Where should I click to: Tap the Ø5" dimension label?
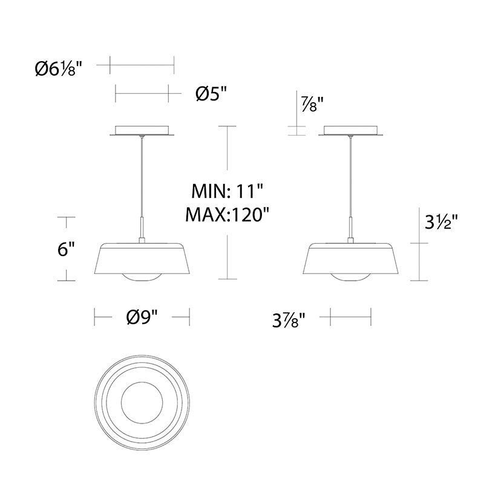(x=211, y=94)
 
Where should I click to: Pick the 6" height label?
(x=67, y=249)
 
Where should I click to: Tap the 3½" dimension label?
(x=439, y=223)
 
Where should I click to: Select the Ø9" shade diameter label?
(x=142, y=317)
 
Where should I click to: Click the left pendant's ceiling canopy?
(x=142, y=131)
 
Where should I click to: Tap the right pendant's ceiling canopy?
(x=351, y=131)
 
